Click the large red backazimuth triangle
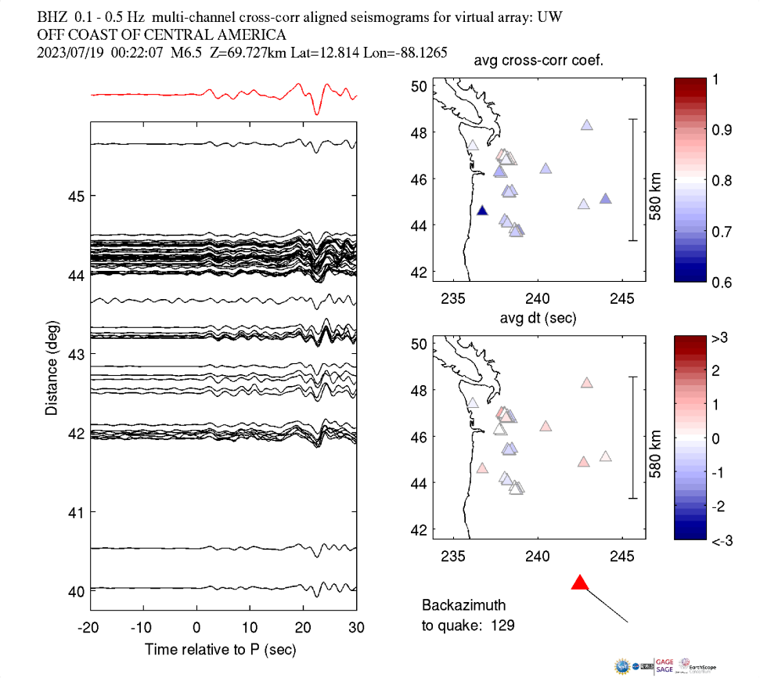pos(579,583)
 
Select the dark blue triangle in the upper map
pos(482,211)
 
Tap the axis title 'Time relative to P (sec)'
pos(220,650)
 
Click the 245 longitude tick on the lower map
pos(622,555)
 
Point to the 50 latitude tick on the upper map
pos(420,86)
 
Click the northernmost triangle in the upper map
pos(587,125)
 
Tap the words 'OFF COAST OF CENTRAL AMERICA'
pos(161,35)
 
